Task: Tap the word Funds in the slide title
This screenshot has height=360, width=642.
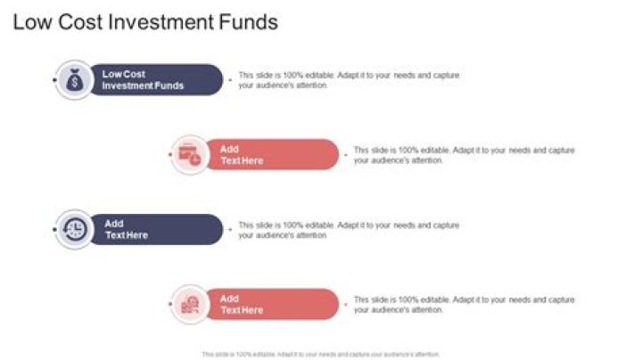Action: [251, 22]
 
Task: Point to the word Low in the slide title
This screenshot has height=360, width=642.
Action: [30, 22]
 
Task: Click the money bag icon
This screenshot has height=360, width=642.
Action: [75, 80]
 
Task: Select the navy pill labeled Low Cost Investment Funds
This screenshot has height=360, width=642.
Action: [156, 80]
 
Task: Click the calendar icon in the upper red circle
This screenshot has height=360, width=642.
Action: [189, 155]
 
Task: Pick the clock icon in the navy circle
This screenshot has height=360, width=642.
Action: [75, 229]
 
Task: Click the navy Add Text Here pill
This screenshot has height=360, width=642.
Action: [156, 229]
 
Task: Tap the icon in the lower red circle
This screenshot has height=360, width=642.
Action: [189, 305]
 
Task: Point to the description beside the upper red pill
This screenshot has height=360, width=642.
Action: [464, 155]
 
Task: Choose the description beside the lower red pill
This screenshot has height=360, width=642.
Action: [464, 305]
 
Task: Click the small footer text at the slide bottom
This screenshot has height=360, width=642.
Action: [321, 354]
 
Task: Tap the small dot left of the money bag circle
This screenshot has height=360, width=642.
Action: [55, 80]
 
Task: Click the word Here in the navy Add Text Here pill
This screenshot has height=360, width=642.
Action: [136, 235]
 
